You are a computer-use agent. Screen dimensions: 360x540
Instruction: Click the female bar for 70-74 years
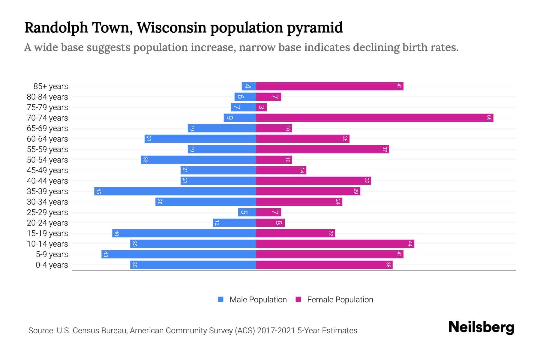(374, 118)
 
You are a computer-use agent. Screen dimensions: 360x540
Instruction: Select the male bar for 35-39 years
(175, 191)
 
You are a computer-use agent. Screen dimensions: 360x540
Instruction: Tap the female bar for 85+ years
(329, 86)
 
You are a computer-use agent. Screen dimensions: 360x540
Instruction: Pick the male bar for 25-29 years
(247, 212)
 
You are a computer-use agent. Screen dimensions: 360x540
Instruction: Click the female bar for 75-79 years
(261, 107)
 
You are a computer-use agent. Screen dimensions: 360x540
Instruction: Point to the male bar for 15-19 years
(184, 233)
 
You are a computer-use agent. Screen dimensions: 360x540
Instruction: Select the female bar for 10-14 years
(335, 244)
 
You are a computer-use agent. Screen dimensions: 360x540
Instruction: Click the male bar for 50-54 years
(198, 160)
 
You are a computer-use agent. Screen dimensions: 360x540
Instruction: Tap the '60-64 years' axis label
(47, 139)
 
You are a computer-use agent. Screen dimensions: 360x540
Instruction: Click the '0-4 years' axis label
(52, 265)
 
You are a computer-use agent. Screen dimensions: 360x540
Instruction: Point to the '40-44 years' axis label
(47, 181)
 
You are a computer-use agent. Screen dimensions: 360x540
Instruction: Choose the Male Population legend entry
(258, 300)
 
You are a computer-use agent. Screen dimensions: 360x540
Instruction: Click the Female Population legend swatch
(298, 299)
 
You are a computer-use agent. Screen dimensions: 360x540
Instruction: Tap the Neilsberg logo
(481, 327)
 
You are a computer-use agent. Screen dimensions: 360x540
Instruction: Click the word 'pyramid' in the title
(315, 28)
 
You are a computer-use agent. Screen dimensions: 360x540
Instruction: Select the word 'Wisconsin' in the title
(172, 28)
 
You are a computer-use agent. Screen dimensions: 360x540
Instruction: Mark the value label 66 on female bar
(489, 118)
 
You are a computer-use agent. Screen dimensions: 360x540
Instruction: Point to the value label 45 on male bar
(98, 191)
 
